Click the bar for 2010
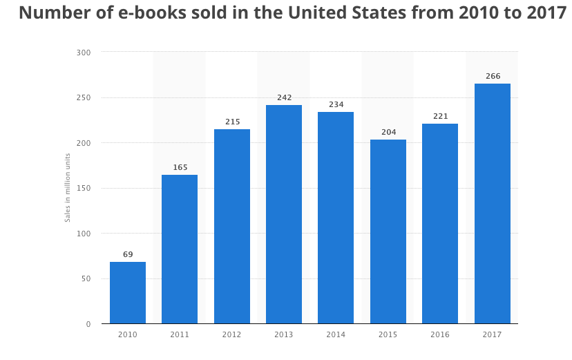pos(128,292)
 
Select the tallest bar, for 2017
pos(492,204)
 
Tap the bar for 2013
pos(284,214)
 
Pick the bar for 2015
pos(388,231)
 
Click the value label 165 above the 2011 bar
pos(180,167)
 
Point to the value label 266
pos(493,76)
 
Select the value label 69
pos(128,254)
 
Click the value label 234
pos(336,104)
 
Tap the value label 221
pos(440,116)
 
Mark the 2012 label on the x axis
pos(231,334)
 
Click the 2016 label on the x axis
pos(440,334)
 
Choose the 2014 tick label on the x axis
pos(336,334)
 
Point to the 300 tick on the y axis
pos(84,53)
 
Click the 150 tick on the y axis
pos(84,188)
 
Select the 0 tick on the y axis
pos(88,324)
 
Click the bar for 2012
pos(232,226)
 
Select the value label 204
pos(388,132)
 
